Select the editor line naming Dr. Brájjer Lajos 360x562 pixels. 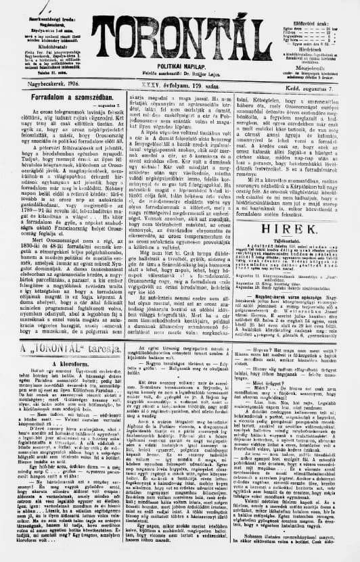pyautogui.click(x=179, y=68)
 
